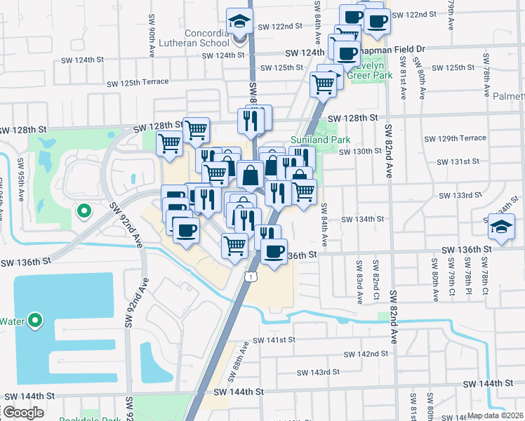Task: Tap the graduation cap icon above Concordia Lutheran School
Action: click(x=239, y=22)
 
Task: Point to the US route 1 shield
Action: click(x=249, y=278)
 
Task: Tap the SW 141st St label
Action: click(x=276, y=340)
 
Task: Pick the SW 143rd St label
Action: click(x=317, y=371)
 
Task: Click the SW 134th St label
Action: click(x=362, y=220)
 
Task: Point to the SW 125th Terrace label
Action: click(x=138, y=83)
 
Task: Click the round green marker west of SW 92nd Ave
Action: click(x=84, y=210)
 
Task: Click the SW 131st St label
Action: click(x=458, y=162)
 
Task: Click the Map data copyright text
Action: click(x=496, y=415)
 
